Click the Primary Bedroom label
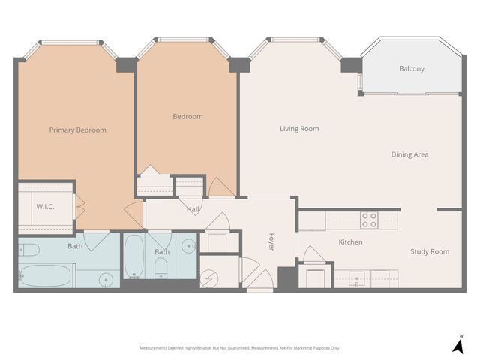point(77,130)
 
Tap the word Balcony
point(411,69)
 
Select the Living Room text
point(299,129)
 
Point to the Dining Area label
point(409,154)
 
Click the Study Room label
point(429,251)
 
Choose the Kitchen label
point(350,241)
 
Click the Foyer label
point(271,241)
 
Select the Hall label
point(193,210)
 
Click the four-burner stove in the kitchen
point(369,220)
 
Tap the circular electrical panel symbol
point(209,275)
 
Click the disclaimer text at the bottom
point(240,348)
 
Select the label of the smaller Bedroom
point(187,116)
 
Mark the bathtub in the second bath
point(134,256)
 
